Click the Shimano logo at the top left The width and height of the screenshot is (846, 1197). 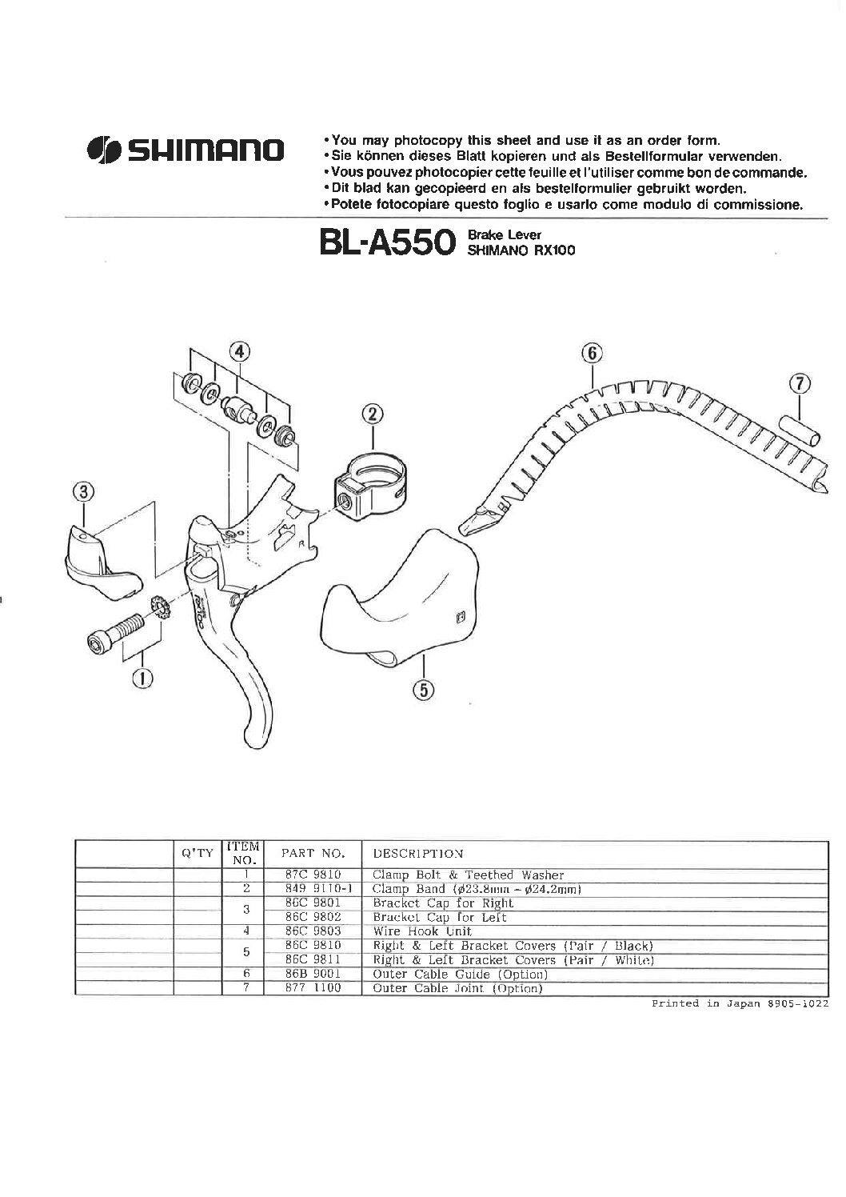[185, 150]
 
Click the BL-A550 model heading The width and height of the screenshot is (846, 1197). [387, 242]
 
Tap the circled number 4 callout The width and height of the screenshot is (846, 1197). [239, 351]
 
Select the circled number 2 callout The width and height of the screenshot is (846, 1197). [373, 414]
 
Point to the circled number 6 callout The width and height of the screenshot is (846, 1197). [593, 353]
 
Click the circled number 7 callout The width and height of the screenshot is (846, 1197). [800, 384]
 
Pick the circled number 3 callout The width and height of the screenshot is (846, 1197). [83, 491]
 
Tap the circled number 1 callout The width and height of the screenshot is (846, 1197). [142, 679]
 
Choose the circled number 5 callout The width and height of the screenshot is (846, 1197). [424, 691]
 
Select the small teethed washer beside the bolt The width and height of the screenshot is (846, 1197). [160, 608]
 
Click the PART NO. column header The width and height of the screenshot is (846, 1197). [313, 854]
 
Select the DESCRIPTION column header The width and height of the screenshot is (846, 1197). [417, 854]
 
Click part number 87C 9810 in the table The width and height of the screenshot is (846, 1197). [313, 875]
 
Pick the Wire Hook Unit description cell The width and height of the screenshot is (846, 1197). [422, 931]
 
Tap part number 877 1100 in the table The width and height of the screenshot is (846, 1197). [313, 988]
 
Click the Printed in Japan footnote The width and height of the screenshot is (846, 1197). [740, 1003]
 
